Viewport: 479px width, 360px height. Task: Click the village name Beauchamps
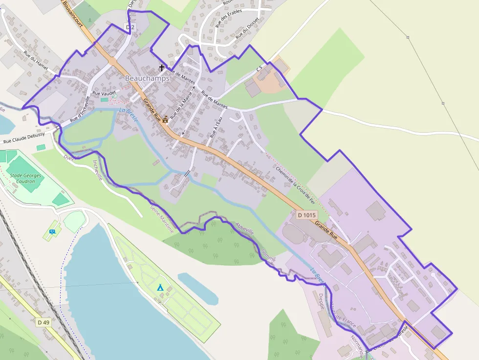pyautogui.click(x=147, y=78)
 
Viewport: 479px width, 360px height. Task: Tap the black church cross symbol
pyautogui.click(x=161, y=68)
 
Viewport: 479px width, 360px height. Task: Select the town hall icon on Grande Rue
pyautogui.click(x=165, y=119)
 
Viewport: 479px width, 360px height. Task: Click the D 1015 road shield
pyautogui.click(x=307, y=215)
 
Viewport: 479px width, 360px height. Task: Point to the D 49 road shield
pyautogui.click(x=43, y=322)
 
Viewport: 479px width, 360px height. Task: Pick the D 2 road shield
pyautogui.click(x=130, y=28)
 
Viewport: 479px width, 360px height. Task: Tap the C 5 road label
pyautogui.click(x=259, y=68)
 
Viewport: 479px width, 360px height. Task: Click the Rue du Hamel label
pyautogui.click(x=37, y=62)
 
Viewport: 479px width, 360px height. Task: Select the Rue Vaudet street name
pyautogui.click(x=104, y=93)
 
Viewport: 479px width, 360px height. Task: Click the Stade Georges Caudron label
pyautogui.click(x=25, y=178)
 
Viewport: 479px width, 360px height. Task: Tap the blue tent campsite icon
pyautogui.click(x=160, y=287)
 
